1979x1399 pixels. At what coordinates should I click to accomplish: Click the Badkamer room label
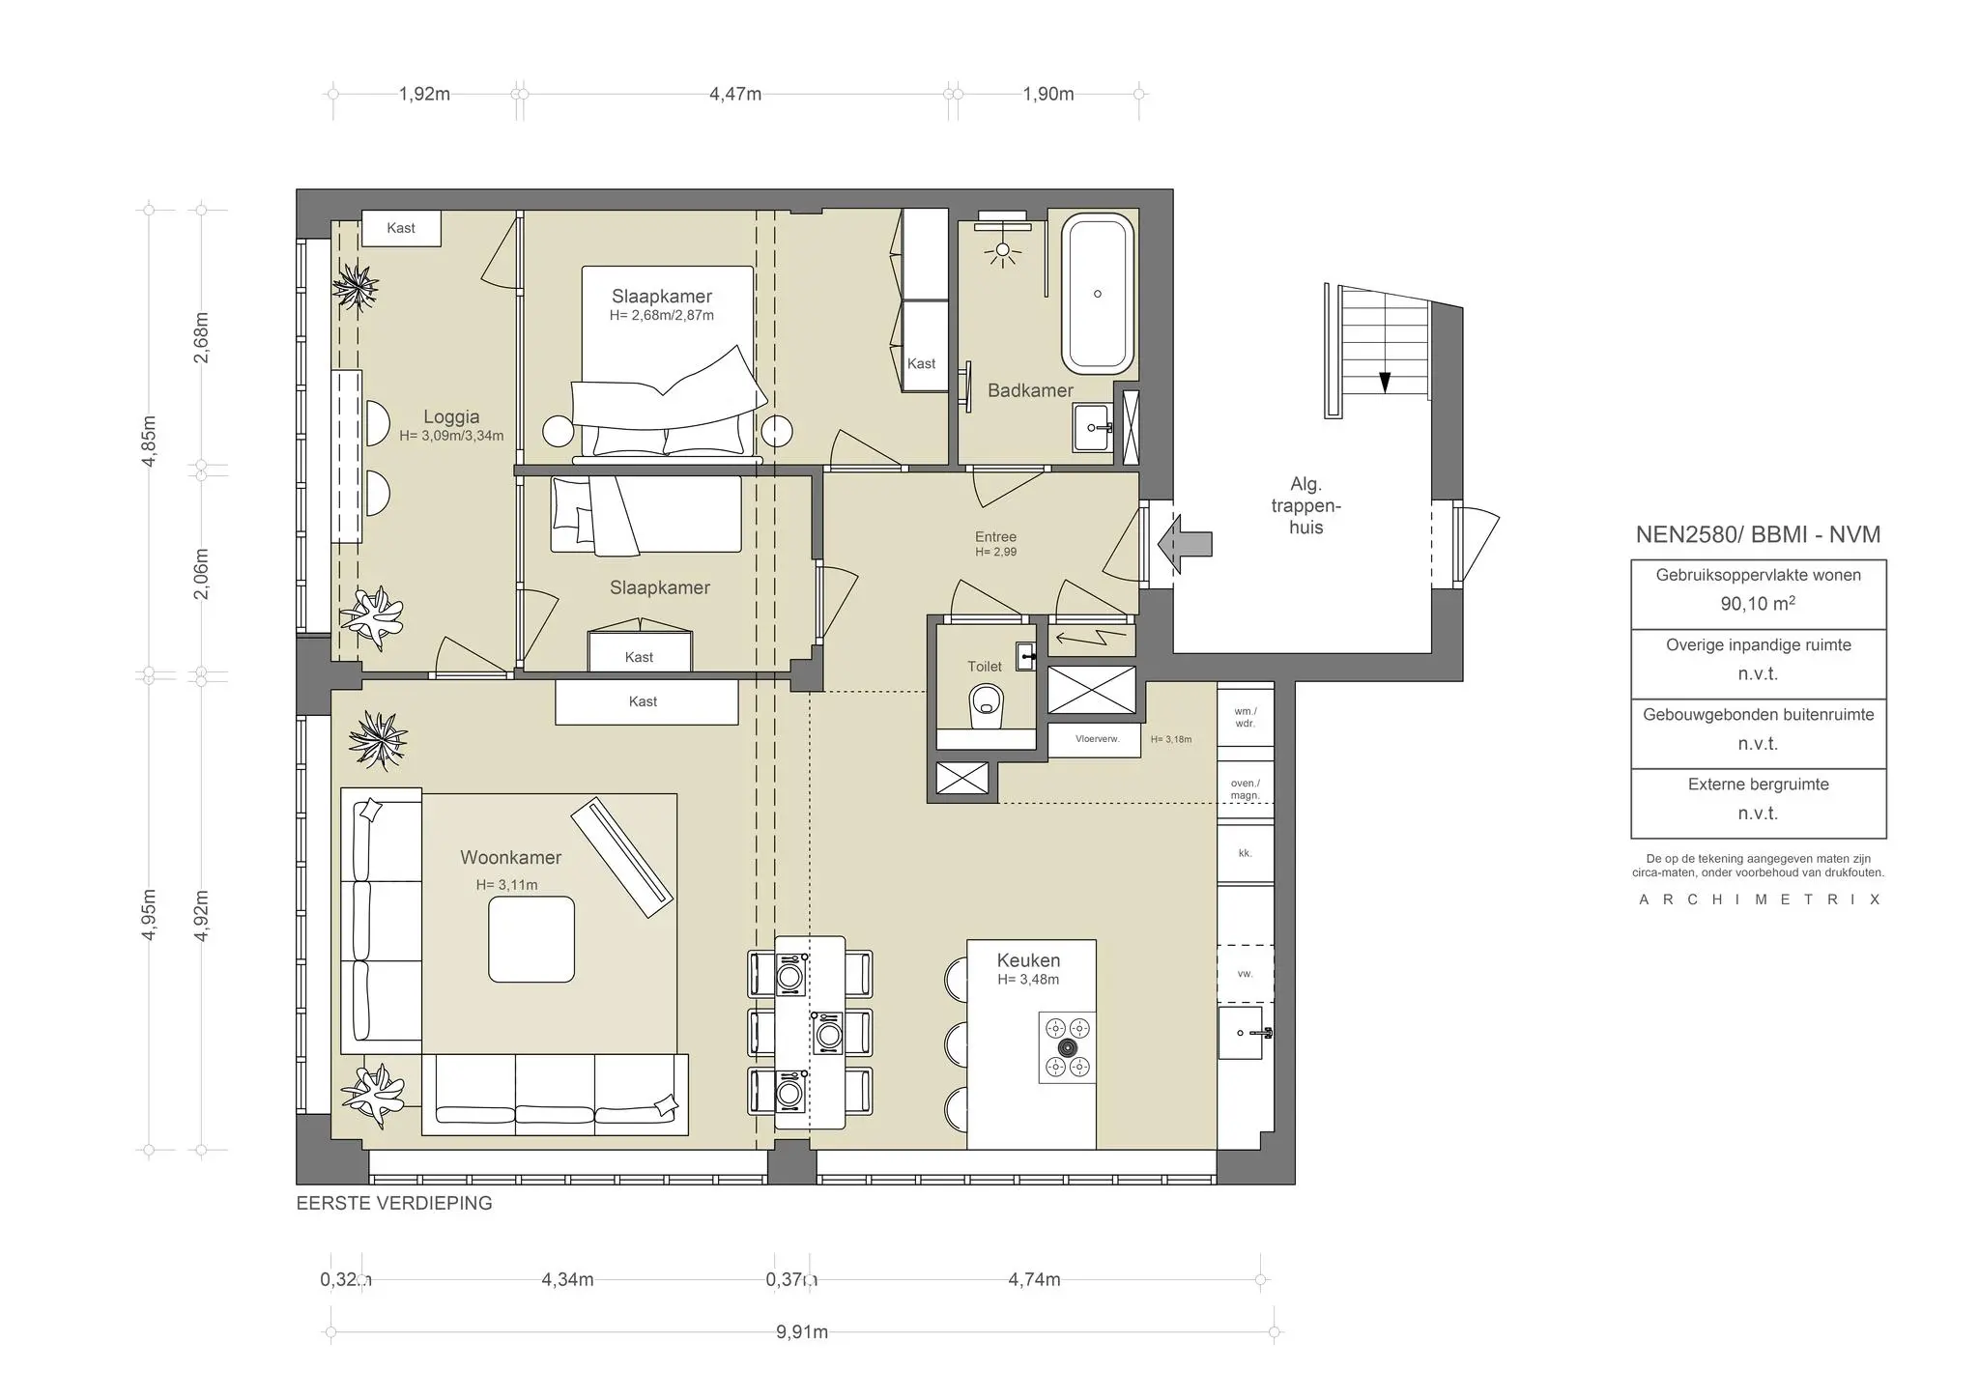click(x=1030, y=390)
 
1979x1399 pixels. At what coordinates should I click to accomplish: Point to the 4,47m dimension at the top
click(x=735, y=94)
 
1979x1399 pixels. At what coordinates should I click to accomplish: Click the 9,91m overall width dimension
click(x=802, y=1332)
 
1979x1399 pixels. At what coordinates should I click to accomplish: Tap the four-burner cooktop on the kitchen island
click(x=1068, y=1047)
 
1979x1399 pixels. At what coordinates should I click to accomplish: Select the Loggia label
click(x=451, y=417)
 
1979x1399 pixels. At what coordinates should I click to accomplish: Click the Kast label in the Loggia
click(x=401, y=228)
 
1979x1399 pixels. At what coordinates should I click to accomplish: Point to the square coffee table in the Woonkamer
click(x=531, y=939)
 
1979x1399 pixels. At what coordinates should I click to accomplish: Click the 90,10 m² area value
click(x=1758, y=604)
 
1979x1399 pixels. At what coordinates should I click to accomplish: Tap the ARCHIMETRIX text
click(x=1759, y=899)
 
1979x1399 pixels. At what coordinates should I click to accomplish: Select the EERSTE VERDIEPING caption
click(x=394, y=1204)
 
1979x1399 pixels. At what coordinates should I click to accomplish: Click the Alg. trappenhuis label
click(x=1305, y=505)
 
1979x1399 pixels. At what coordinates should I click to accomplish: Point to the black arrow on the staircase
click(x=1385, y=382)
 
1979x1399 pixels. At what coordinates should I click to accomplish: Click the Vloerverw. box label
click(x=1097, y=739)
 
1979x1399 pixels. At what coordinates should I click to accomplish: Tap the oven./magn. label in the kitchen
click(x=1245, y=789)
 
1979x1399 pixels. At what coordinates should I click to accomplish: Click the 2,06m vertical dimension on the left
click(x=201, y=574)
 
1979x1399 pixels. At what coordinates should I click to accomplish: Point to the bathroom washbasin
click(x=1093, y=427)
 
